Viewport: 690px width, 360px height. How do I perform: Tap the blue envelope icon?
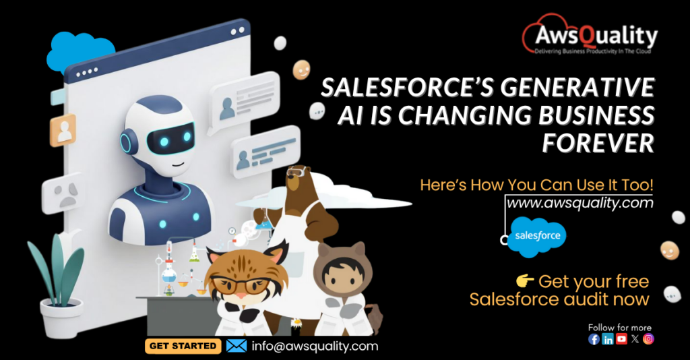[x=236, y=346]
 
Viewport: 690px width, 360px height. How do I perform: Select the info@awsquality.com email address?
[x=314, y=346]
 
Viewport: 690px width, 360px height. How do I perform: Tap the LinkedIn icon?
[x=608, y=339]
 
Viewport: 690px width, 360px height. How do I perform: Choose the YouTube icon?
[x=621, y=339]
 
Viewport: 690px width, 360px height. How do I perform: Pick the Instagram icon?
[x=648, y=339]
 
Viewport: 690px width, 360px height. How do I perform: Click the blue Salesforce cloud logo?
[x=538, y=237]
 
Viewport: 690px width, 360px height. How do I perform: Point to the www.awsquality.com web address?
[x=580, y=202]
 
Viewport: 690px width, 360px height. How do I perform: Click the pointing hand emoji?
[x=524, y=280]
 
